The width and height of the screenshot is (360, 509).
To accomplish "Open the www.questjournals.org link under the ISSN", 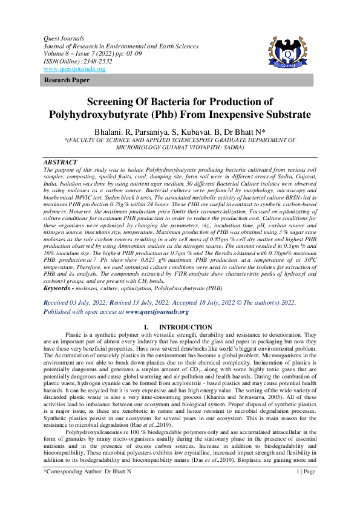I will [74, 69].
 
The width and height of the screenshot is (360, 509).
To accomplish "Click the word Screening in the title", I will [116, 102].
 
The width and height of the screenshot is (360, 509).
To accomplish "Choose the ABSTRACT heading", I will [61, 163].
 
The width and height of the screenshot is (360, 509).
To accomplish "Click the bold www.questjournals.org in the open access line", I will [157, 312].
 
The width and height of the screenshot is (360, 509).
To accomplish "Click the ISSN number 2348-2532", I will [94, 61].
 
